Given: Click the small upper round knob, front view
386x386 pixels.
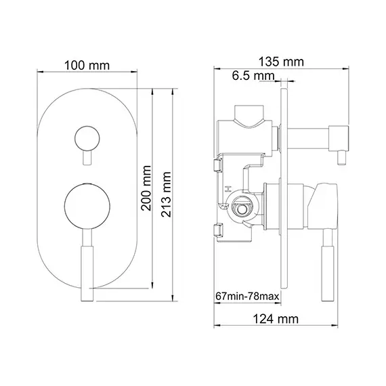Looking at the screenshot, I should coord(85,138).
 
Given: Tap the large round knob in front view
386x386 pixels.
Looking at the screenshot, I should coord(85,207).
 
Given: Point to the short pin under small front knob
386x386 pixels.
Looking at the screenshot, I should coord(85,159).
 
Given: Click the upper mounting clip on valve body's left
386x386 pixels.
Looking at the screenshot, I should coord(219,165).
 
